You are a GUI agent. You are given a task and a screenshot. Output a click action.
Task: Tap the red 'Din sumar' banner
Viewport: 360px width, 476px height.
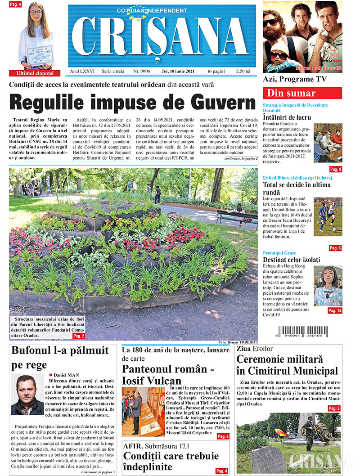tap(302, 94)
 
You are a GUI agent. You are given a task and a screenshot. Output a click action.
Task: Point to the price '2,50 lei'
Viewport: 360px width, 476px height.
tap(245, 72)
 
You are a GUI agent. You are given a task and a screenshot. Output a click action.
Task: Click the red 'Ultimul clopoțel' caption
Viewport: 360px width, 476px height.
tap(35, 73)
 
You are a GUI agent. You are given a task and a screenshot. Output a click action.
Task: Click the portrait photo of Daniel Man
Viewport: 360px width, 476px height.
tap(27, 395)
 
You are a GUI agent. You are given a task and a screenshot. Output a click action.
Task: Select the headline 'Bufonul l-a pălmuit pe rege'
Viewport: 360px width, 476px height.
tap(59, 357)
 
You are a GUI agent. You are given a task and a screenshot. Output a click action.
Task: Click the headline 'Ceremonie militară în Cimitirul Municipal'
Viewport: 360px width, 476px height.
tap(287, 365)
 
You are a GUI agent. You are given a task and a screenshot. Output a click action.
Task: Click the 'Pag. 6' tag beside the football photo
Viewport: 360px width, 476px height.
tap(335, 248)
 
